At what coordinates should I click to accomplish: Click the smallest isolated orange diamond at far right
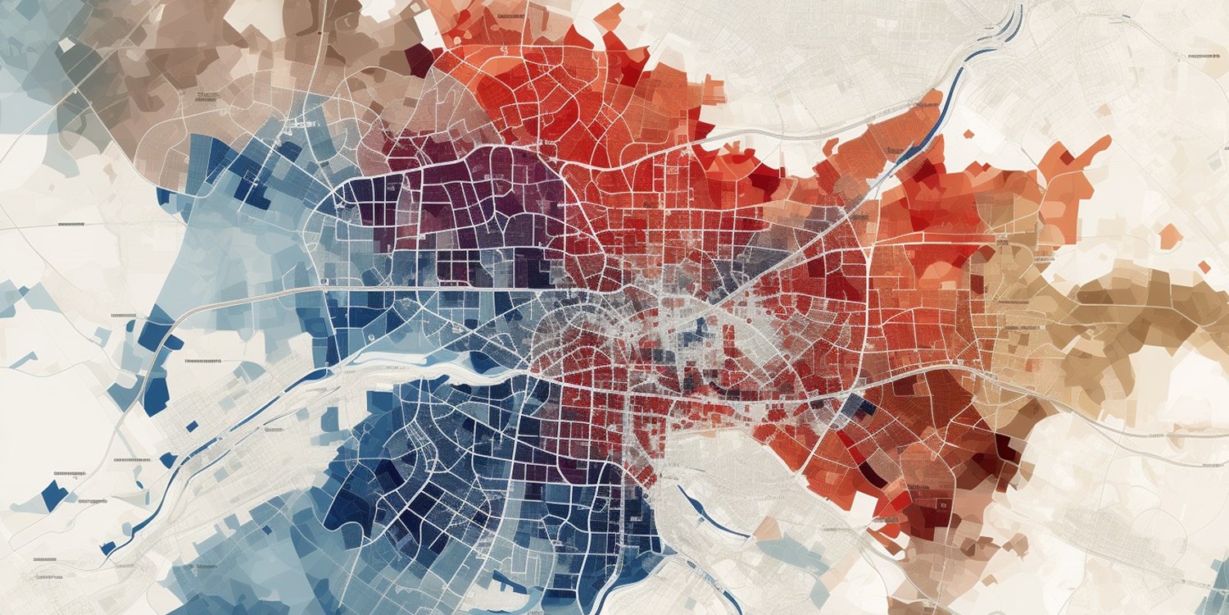[1204, 266]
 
